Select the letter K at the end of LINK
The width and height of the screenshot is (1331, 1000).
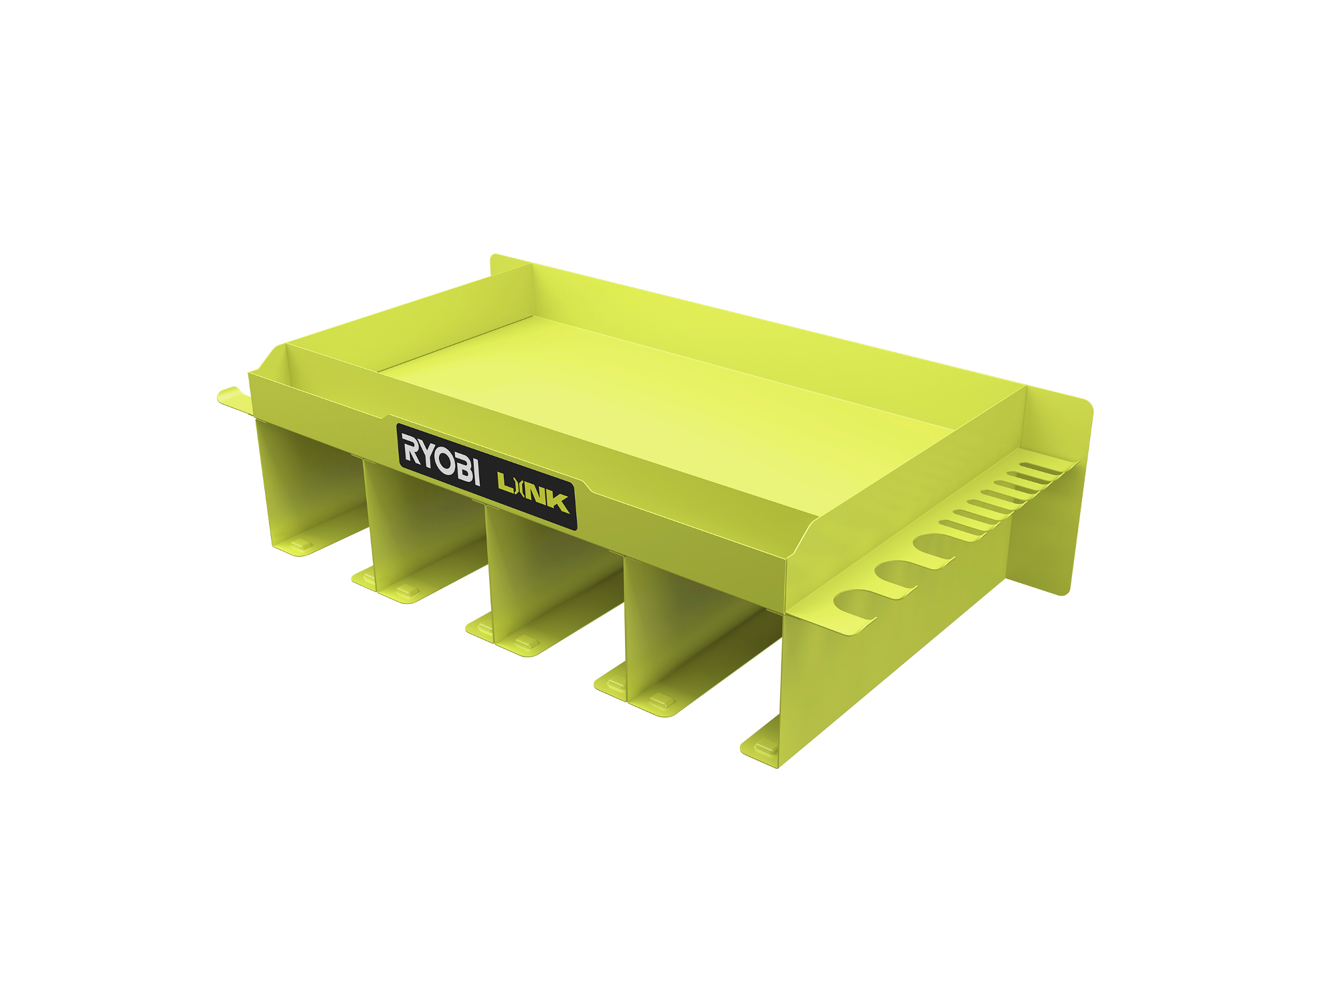tap(557, 502)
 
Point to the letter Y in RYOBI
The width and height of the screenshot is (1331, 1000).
tap(426, 453)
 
